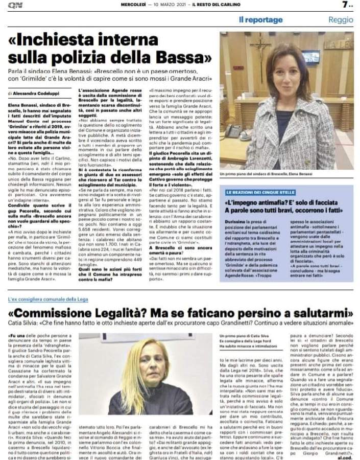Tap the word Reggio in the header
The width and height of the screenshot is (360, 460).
click(341, 20)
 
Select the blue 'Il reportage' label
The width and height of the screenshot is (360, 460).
click(260, 20)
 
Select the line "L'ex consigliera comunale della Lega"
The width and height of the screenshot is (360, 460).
click(48, 300)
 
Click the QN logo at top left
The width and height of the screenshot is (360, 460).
click(12, 5)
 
